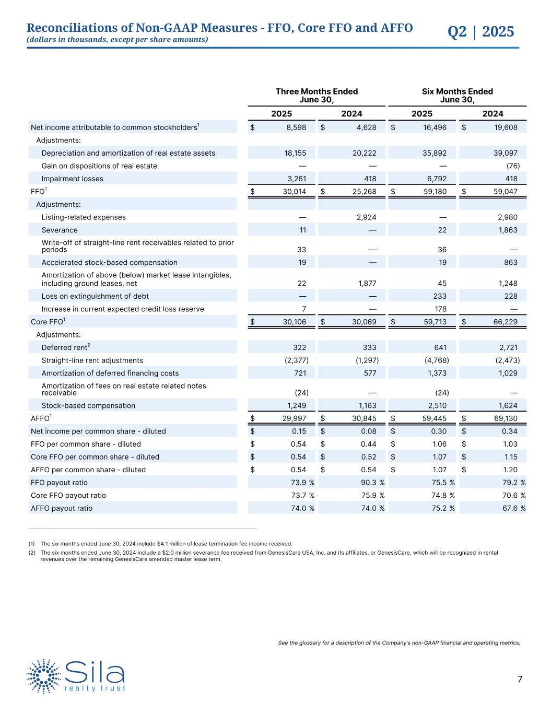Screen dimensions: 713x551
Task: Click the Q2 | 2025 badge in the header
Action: [x=480, y=32]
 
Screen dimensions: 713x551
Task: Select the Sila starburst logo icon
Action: [x=44, y=676]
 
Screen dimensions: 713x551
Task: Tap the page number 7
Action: [x=520, y=679]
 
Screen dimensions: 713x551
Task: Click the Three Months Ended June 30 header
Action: [x=316, y=96]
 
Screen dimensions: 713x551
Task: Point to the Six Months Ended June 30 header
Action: [x=457, y=96]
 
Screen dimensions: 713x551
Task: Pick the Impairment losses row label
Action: [x=72, y=179]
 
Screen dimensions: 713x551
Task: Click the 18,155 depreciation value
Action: [x=295, y=153]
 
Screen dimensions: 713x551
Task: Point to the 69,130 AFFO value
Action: [x=506, y=418]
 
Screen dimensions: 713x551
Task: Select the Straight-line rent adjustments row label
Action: [x=92, y=360]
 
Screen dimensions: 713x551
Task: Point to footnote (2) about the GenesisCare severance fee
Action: [x=269, y=556]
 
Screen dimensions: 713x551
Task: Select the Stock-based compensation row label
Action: [x=88, y=406]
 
